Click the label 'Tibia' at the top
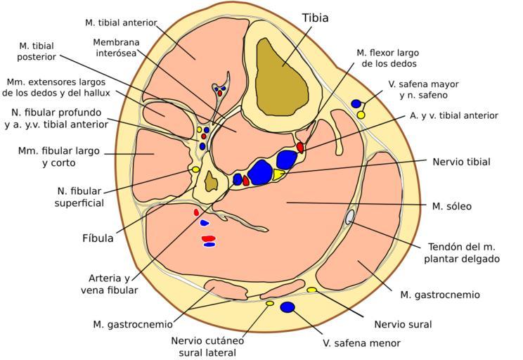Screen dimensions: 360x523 315,18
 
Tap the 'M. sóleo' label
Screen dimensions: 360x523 451,206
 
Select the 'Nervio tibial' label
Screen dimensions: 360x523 461,162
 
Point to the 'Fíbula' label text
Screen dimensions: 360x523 98,238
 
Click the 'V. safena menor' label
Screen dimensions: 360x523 361,343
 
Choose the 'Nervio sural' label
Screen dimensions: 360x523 403,324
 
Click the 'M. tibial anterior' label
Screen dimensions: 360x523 121,22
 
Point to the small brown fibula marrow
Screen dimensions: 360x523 210,182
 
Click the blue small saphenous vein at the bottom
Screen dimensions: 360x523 287,307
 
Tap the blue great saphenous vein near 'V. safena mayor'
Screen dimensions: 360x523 356,104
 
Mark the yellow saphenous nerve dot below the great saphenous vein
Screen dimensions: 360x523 361,114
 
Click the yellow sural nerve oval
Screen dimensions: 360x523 311,290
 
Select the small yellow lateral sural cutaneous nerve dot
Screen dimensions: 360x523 269,303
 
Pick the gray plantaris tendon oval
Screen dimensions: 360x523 349,217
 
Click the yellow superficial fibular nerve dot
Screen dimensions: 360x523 195,169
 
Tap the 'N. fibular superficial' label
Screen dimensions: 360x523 80,196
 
